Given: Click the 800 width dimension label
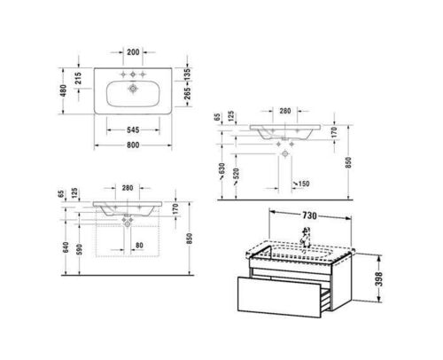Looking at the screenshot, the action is [x=133, y=145].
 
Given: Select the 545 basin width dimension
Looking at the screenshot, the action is [x=133, y=129].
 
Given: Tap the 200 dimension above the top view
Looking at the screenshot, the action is [x=133, y=52].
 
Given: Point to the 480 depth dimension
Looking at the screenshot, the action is [x=63, y=90].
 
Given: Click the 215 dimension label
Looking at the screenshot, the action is [x=78, y=78].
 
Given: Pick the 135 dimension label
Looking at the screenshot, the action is [x=187, y=74].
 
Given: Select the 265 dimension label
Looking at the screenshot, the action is [x=187, y=93].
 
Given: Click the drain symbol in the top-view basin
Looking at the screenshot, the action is [x=133, y=89].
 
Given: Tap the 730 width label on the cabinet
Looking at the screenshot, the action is [x=309, y=215].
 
